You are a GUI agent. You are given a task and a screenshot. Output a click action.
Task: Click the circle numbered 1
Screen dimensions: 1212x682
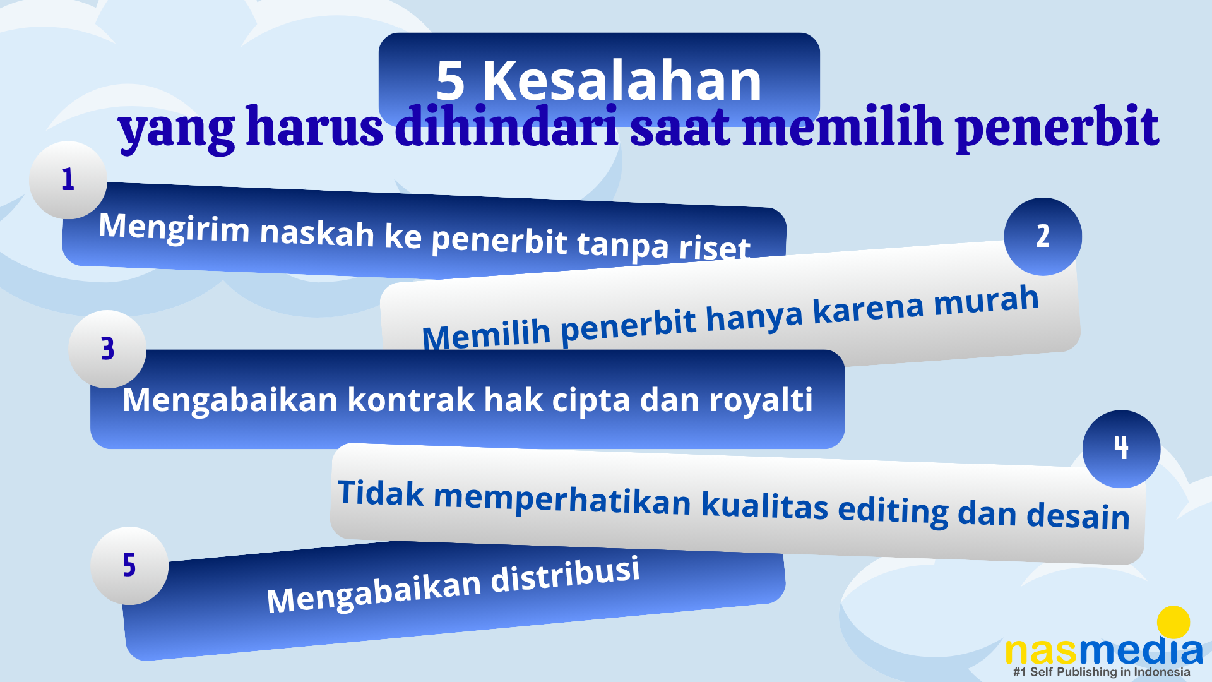[x=68, y=180]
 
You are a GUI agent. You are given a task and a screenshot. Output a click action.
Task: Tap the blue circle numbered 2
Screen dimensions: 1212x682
[x=1043, y=237]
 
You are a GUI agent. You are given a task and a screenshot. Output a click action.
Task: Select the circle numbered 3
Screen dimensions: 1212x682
[x=107, y=349]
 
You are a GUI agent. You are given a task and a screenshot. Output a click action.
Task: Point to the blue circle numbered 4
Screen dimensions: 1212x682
[x=1121, y=449]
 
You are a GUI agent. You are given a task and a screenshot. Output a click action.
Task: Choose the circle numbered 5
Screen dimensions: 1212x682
[x=129, y=566]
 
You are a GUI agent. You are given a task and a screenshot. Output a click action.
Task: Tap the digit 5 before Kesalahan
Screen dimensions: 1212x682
[x=450, y=81]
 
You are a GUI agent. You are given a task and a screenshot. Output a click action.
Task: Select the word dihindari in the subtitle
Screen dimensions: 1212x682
[x=506, y=126]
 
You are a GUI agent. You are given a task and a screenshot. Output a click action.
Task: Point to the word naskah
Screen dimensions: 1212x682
[x=318, y=232]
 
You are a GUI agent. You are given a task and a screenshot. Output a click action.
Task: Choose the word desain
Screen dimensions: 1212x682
[x=1078, y=515]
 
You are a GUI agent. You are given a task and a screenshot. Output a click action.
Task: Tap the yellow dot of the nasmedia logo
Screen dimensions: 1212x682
[x=1173, y=623]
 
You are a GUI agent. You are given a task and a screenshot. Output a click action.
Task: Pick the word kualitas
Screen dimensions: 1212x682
[x=764, y=505]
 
